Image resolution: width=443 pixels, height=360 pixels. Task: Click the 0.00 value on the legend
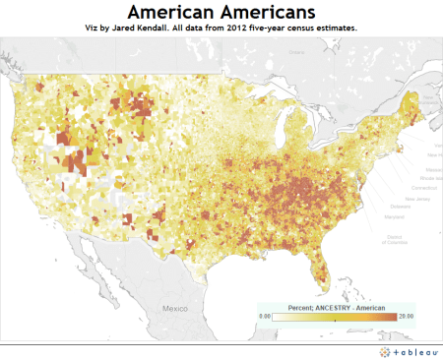coord(265,315)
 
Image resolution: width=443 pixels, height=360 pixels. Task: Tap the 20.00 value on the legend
coord(404,315)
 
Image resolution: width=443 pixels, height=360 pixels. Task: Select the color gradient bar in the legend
coord(334,315)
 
